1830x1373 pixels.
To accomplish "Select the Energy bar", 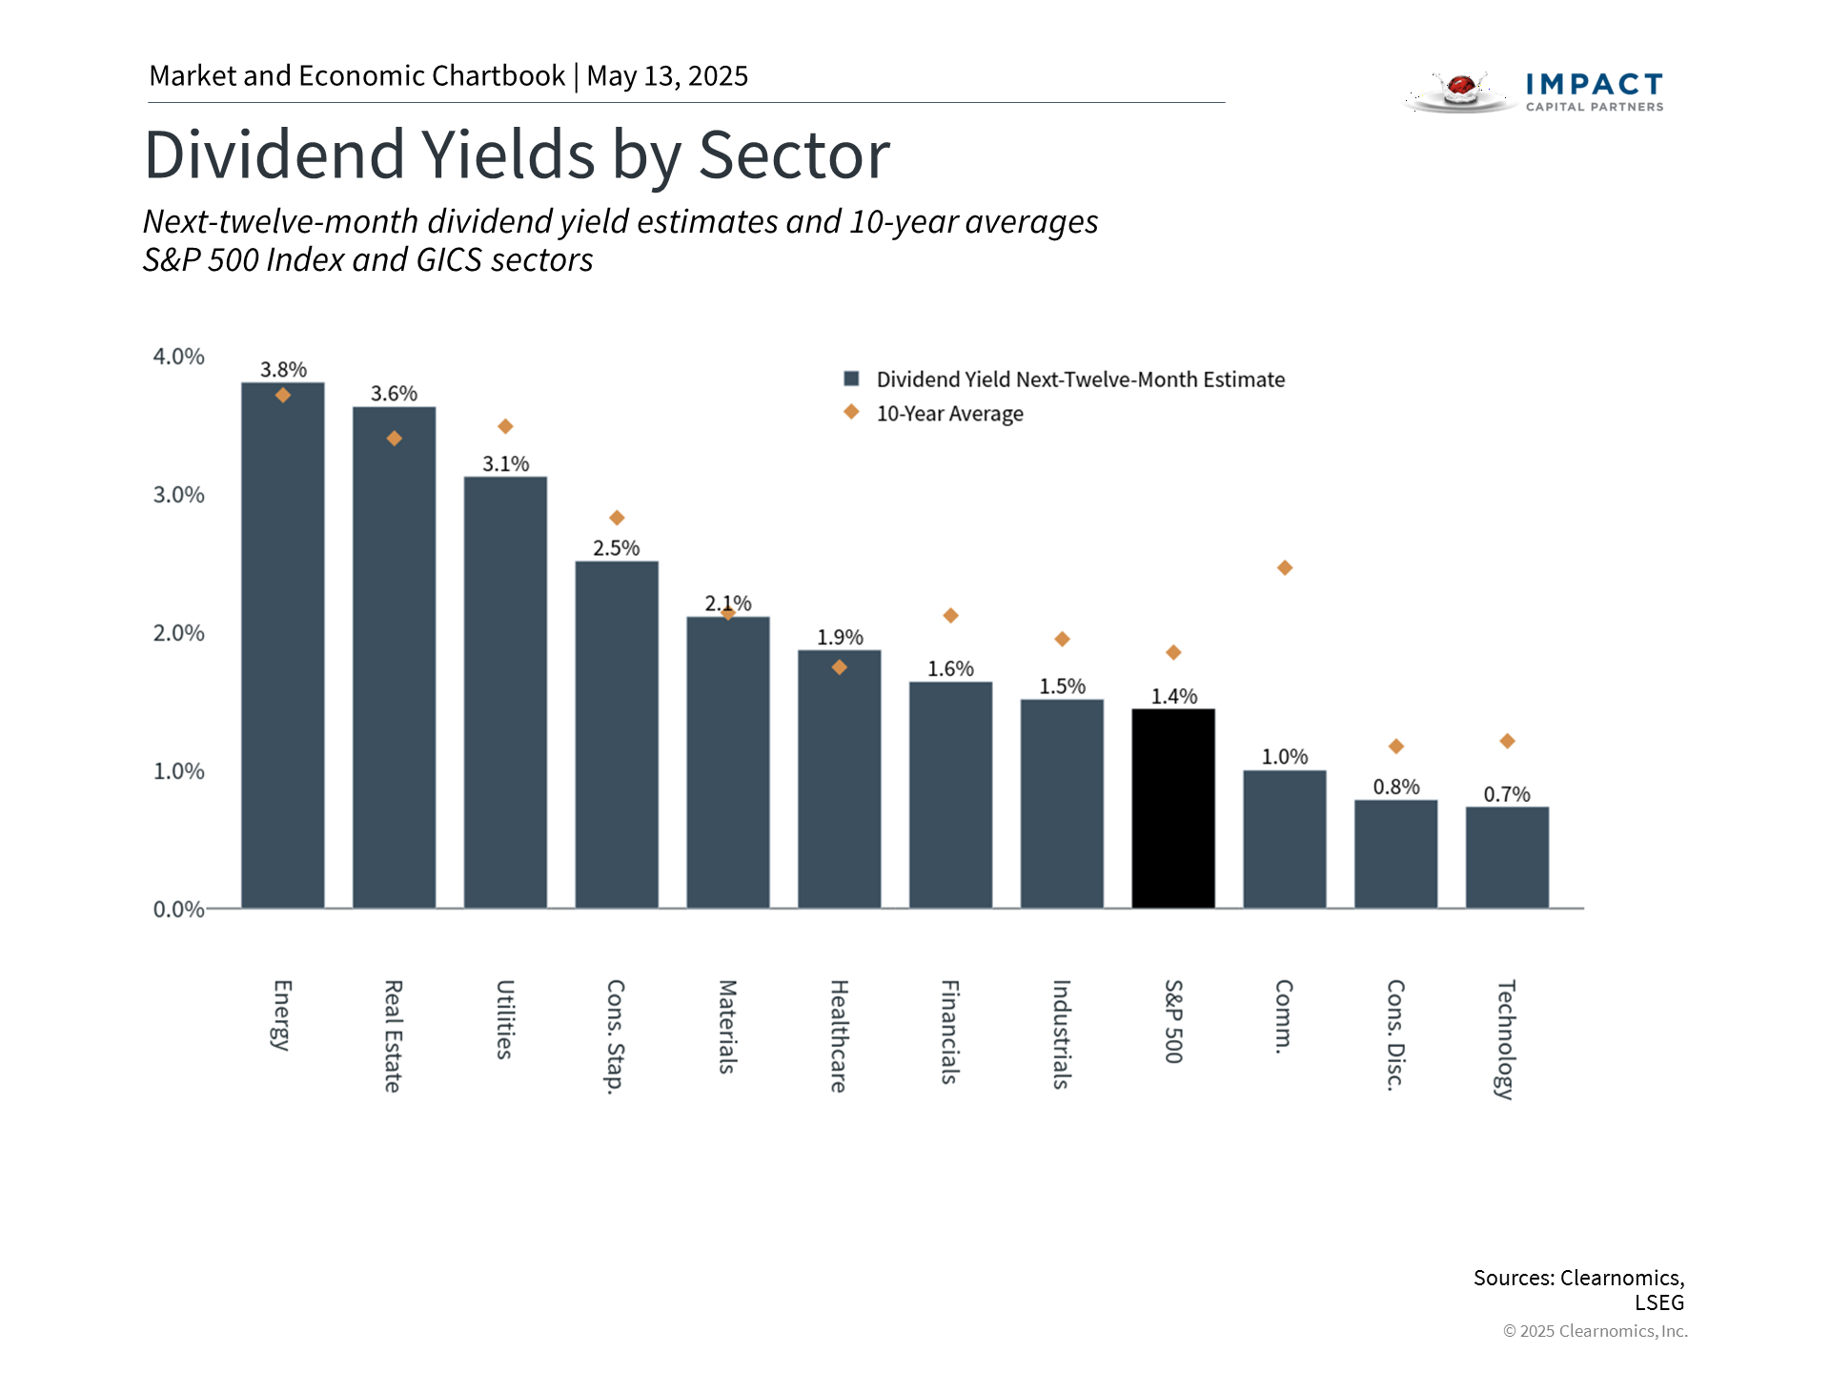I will pos(282,648).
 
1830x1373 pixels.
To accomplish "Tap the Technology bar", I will pos(1507,858).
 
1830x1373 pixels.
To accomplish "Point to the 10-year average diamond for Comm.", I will pos(1285,568).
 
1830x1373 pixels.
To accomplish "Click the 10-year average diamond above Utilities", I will pos(505,426).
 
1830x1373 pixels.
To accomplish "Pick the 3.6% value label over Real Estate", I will pos(394,394).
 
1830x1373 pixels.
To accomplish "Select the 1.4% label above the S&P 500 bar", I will pos(1173,697).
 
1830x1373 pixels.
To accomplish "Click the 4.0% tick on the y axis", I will pos(179,357).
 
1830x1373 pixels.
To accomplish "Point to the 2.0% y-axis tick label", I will pos(179,633).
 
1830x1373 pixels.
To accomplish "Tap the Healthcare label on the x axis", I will pos(839,1035).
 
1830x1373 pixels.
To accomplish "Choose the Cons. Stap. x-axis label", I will pos(616,1036).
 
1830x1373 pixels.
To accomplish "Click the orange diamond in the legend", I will pos(851,412).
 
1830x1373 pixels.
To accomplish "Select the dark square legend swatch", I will pos(852,379).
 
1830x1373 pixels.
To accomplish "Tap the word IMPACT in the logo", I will pos(1594,85).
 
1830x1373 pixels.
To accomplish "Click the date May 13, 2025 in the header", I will pos(667,76).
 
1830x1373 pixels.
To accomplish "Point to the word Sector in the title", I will pos(794,154).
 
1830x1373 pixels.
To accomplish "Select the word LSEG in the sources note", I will pos(1659,1302).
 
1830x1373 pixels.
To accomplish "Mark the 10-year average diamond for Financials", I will pos(950,616).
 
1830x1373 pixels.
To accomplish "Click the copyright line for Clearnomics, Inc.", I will pos(1595,1331).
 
